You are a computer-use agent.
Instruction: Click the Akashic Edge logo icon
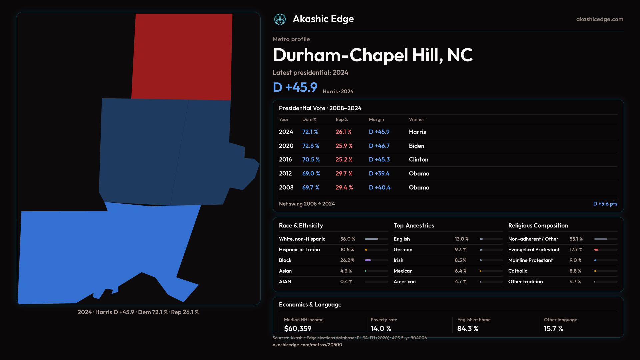tap(280, 19)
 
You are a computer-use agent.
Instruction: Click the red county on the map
tap(182, 57)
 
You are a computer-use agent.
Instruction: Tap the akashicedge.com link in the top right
tap(600, 19)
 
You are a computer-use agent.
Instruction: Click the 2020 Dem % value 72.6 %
tap(310, 146)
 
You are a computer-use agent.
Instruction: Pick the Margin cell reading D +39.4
tap(379, 173)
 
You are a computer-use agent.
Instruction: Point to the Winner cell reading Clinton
tap(418, 159)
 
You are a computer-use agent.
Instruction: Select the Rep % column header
tap(341, 119)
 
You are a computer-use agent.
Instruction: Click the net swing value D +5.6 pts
tap(605, 204)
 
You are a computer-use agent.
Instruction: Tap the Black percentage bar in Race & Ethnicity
tap(376, 260)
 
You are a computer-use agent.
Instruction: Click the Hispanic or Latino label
tap(299, 250)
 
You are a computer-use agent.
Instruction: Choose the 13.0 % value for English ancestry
tap(461, 239)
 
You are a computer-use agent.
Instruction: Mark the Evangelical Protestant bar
tap(605, 250)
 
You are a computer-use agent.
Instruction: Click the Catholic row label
tap(517, 271)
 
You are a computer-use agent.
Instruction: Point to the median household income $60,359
tap(297, 328)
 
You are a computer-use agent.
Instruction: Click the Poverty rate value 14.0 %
tap(380, 328)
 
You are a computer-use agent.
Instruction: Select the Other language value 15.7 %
tap(553, 328)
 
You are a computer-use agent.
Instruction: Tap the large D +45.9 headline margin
tap(295, 87)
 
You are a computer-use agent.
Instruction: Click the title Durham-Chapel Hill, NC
tap(372, 55)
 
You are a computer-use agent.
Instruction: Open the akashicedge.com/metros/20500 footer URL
tap(307, 345)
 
